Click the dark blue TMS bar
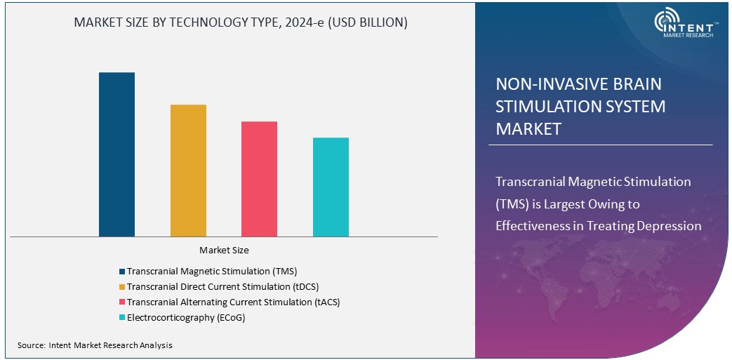(117, 154)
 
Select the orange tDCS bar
(188, 171)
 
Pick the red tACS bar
(259, 179)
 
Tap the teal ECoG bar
(331, 187)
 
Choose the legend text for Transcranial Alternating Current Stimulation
(234, 302)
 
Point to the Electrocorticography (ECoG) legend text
(186, 317)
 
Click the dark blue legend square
(122, 272)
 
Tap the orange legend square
(122, 287)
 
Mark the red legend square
(122, 302)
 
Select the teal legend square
(122, 318)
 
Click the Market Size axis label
(224, 250)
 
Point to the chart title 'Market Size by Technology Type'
(241, 22)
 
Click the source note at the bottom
(95, 345)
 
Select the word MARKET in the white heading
(528, 129)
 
